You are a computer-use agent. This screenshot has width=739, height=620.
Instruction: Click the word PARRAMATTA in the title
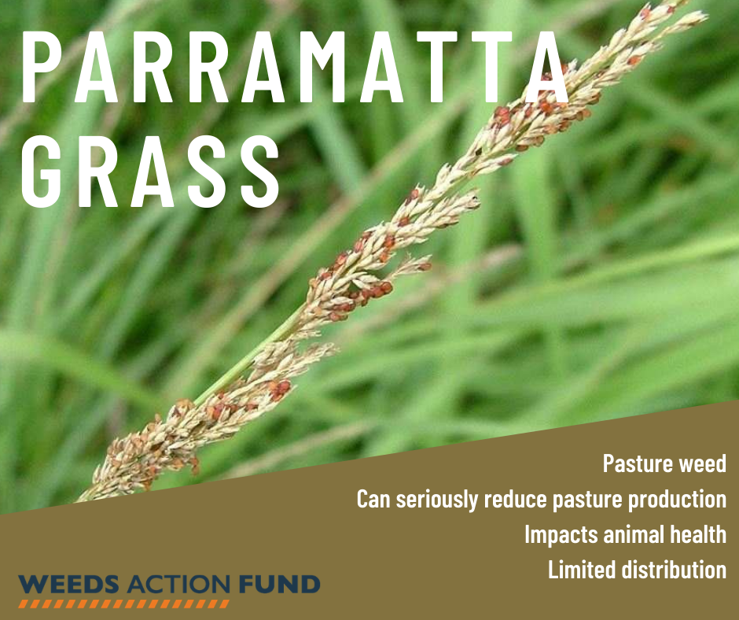pyautogui.click(x=295, y=67)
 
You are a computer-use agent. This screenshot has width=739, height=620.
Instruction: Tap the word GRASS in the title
pyautogui.click(x=151, y=172)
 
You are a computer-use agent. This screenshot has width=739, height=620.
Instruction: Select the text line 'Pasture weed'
pyautogui.click(x=664, y=463)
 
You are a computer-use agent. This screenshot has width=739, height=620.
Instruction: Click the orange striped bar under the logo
pyautogui.click(x=124, y=604)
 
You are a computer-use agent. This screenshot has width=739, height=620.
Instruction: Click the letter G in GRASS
pyautogui.click(x=42, y=172)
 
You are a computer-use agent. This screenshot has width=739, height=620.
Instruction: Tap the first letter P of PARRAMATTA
pyautogui.click(x=42, y=67)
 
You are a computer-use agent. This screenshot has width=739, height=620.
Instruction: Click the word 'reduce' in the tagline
pyautogui.click(x=515, y=500)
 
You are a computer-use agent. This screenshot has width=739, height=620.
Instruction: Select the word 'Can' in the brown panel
pyautogui.click(x=373, y=500)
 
